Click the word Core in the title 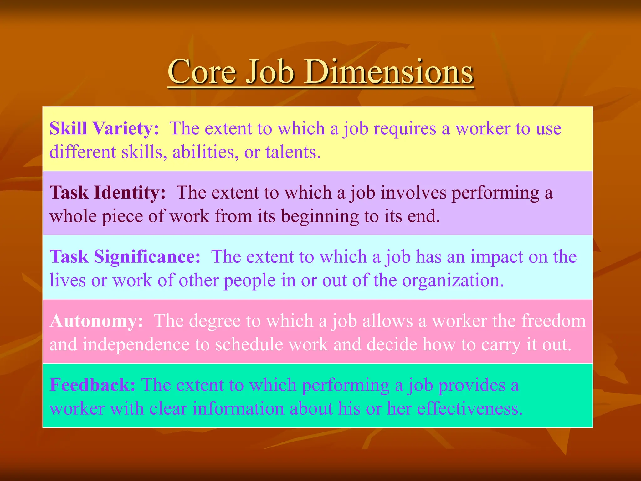[x=202, y=72]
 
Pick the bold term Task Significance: [x=125, y=256]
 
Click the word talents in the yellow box [x=293, y=152]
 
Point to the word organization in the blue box [x=453, y=280]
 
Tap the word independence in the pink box [x=136, y=344]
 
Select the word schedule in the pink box [x=249, y=344]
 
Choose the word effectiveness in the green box [x=469, y=409]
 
